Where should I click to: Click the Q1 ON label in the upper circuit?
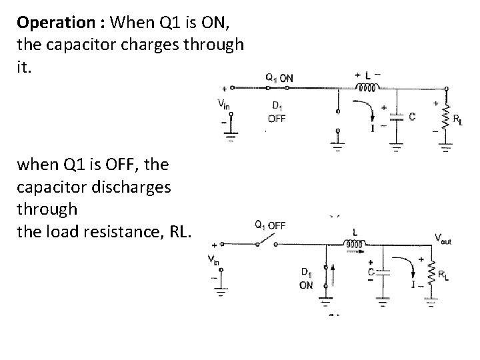click(x=279, y=78)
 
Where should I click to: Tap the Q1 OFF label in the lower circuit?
click(x=270, y=225)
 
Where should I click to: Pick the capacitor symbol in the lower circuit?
click(x=383, y=273)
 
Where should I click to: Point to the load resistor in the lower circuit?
click(x=431, y=275)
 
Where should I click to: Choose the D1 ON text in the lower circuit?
click(x=307, y=278)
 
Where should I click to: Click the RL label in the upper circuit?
click(x=459, y=120)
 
